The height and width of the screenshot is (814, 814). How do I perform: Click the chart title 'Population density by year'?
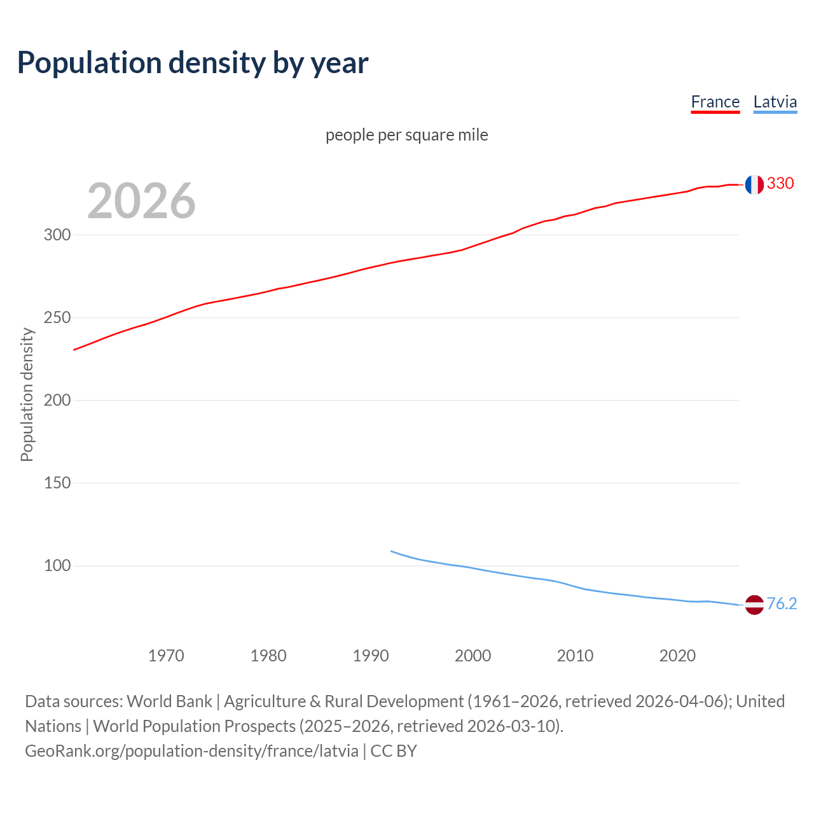tap(193, 62)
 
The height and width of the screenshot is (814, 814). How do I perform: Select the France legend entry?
tap(715, 102)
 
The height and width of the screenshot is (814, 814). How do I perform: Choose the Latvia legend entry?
tap(775, 102)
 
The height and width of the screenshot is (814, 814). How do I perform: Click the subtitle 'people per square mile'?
tap(406, 135)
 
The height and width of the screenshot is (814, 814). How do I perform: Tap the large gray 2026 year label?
tap(141, 201)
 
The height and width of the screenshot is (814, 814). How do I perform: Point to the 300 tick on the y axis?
tap(57, 235)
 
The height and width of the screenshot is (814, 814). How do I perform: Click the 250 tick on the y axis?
tap(57, 317)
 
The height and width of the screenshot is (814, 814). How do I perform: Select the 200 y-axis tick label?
tap(57, 400)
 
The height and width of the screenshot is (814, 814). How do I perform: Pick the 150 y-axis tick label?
tap(57, 483)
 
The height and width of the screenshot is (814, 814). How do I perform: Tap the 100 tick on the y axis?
tap(57, 565)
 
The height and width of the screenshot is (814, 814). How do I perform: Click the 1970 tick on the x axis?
tap(166, 656)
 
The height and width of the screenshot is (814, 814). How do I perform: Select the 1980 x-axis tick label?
tap(268, 656)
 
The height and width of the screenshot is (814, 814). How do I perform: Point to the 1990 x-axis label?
tap(371, 656)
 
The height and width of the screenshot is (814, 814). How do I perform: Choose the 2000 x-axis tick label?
tap(473, 656)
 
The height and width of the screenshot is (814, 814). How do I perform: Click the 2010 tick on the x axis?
tap(575, 656)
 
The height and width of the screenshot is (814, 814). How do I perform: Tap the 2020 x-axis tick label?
tap(677, 656)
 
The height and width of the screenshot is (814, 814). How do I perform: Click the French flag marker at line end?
tap(754, 184)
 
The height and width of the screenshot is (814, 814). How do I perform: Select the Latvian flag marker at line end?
tap(754, 605)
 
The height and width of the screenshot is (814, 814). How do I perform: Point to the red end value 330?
tap(780, 184)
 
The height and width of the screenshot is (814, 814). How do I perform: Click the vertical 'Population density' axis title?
tap(27, 394)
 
